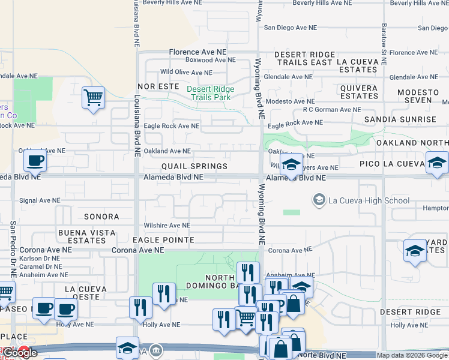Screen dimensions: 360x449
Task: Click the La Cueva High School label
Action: coord(369,200)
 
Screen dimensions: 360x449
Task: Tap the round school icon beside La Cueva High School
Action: coord(319,199)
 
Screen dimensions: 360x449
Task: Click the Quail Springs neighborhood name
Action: coord(194,166)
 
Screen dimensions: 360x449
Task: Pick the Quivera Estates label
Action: coord(359,92)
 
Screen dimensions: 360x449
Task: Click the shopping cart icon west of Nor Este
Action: coord(93,97)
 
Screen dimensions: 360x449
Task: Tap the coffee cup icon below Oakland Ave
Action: coord(35,160)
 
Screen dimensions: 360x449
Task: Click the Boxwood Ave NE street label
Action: coord(205,60)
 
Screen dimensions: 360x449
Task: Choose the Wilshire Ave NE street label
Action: coord(166,226)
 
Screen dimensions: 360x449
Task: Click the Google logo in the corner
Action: coord(20,353)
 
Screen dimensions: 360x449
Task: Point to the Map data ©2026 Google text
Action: coord(412,355)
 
